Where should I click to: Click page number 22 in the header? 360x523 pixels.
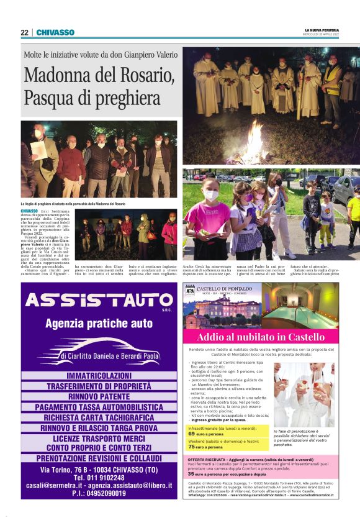[24, 32]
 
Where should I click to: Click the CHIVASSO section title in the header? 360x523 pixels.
[55, 32]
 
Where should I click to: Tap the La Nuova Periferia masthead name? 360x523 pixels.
[323, 29]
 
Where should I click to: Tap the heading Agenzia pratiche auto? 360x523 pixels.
[99, 323]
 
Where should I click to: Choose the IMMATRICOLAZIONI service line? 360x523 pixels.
[99, 376]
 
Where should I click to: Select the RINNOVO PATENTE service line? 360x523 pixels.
[99, 396]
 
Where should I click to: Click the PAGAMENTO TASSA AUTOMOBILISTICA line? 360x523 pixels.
[99, 407]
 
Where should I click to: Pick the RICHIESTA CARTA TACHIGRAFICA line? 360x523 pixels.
[99, 417]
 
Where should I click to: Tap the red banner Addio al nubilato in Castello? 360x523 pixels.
[261, 337]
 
